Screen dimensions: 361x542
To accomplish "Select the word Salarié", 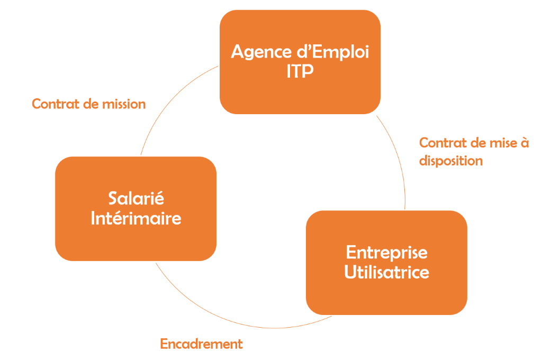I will [136, 199].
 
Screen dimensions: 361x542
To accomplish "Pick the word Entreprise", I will [386, 252].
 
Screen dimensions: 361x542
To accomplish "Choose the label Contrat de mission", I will [88, 104].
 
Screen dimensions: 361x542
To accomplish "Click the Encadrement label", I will [201, 344].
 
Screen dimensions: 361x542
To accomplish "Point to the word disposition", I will [451, 161].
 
